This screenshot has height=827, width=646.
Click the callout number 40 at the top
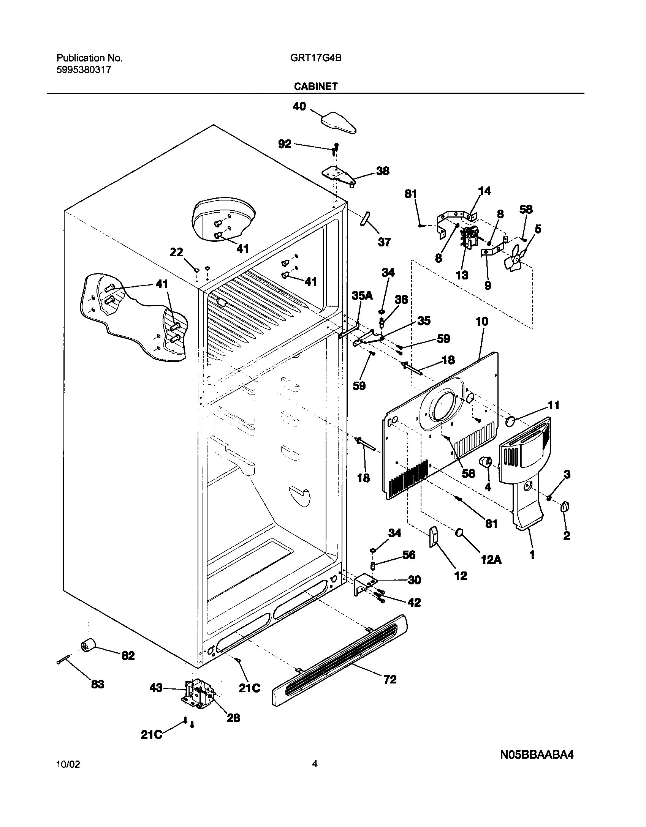point(299,106)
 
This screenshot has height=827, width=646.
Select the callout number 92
point(285,144)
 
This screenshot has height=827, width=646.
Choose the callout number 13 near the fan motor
point(462,275)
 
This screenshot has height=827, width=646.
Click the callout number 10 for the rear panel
point(481,322)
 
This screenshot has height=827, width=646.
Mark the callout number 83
point(97,684)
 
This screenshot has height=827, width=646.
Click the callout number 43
point(156,687)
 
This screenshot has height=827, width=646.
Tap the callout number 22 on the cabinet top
point(176,252)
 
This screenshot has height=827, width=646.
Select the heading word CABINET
point(315,87)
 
